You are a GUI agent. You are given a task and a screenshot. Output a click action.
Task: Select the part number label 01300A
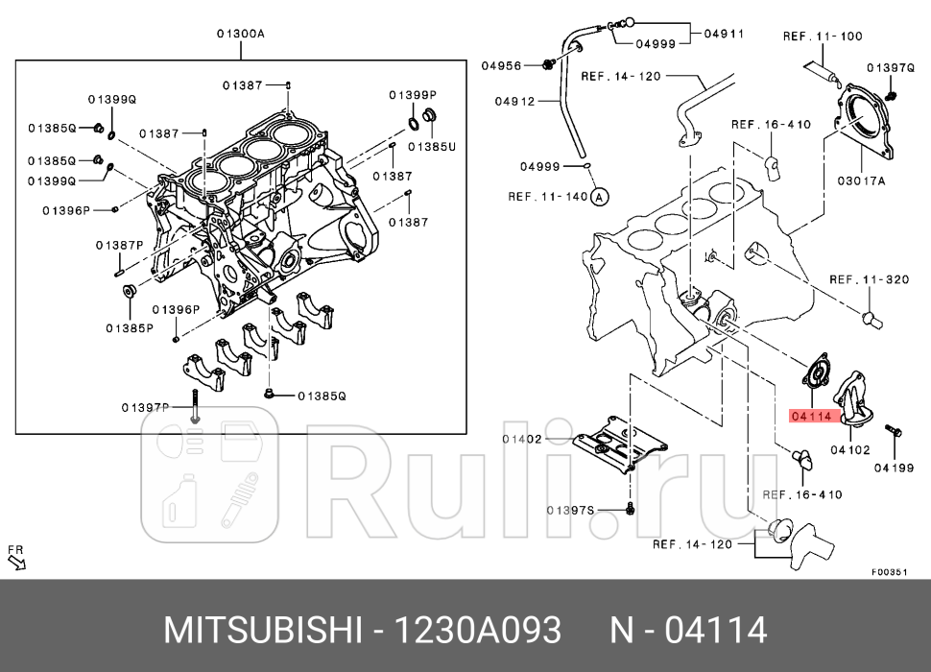point(240,34)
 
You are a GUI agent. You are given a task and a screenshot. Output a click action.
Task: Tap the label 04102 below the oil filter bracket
point(849,448)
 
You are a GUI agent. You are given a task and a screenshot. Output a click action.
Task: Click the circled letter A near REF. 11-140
point(600,197)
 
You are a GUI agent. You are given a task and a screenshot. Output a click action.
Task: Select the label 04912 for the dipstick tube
point(514,101)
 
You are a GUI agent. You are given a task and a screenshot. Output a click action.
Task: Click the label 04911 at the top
point(724,34)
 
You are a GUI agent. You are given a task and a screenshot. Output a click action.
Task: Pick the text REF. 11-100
point(823,36)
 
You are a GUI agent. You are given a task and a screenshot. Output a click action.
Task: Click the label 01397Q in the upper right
point(890,67)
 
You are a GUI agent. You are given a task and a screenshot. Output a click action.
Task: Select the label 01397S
point(571,510)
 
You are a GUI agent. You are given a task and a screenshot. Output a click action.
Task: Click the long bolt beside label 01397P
point(196,407)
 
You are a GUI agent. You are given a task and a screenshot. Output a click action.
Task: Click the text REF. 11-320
point(869,279)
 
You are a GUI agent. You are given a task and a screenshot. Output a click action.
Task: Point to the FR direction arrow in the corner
point(16,558)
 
